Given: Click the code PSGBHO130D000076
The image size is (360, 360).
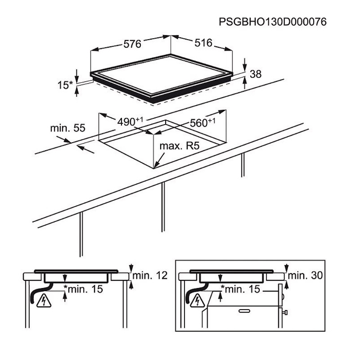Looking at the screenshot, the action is click(273, 22).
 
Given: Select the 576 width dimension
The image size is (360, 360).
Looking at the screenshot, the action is click(132, 44).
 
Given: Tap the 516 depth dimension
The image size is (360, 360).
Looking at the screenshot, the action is click(203, 43).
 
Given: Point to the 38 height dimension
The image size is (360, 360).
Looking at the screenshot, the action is click(256, 74).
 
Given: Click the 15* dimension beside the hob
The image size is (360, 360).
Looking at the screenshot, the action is click(65, 85).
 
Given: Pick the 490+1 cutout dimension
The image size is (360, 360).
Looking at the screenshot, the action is click(130, 121).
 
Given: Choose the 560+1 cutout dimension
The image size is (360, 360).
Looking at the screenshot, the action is click(202, 123).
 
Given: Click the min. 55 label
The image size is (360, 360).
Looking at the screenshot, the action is click(68, 128).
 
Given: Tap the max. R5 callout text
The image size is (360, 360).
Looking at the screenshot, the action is click(180, 146).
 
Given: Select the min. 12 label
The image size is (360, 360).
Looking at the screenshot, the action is click(150, 275).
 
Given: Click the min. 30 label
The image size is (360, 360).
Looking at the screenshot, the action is click(305, 275).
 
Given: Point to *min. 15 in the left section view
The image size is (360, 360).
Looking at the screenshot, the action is click(83, 289).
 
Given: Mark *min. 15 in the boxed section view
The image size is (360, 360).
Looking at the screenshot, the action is click(240, 289).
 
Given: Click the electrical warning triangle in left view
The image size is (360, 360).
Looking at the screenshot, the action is click(44, 301).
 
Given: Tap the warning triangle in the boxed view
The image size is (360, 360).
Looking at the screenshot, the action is click(198, 301).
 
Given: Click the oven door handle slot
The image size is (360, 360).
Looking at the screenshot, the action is click(244, 311).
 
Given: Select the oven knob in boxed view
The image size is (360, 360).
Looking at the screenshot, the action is click(285, 312).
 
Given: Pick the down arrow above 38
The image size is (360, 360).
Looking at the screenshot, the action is click(245, 65).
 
